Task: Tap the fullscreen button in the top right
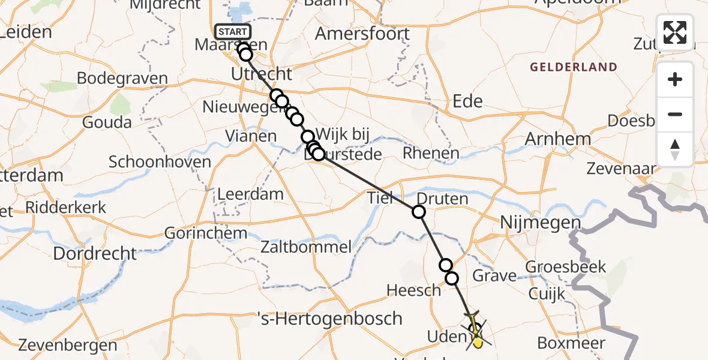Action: tap(675, 32)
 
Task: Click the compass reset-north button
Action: tap(675, 149)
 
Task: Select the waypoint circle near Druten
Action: tap(418, 212)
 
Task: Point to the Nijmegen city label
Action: tap(541, 224)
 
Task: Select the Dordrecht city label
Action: tap(95, 253)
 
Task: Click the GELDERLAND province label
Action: tap(573, 67)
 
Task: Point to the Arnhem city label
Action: tap(557, 139)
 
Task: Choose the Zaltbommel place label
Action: tap(306, 247)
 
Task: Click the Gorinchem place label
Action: tap(197, 233)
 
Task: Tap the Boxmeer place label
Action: tap(571, 344)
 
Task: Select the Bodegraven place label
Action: tap(122, 79)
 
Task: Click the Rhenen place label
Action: tap(431, 153)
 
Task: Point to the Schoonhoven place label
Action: tap(160, 161)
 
